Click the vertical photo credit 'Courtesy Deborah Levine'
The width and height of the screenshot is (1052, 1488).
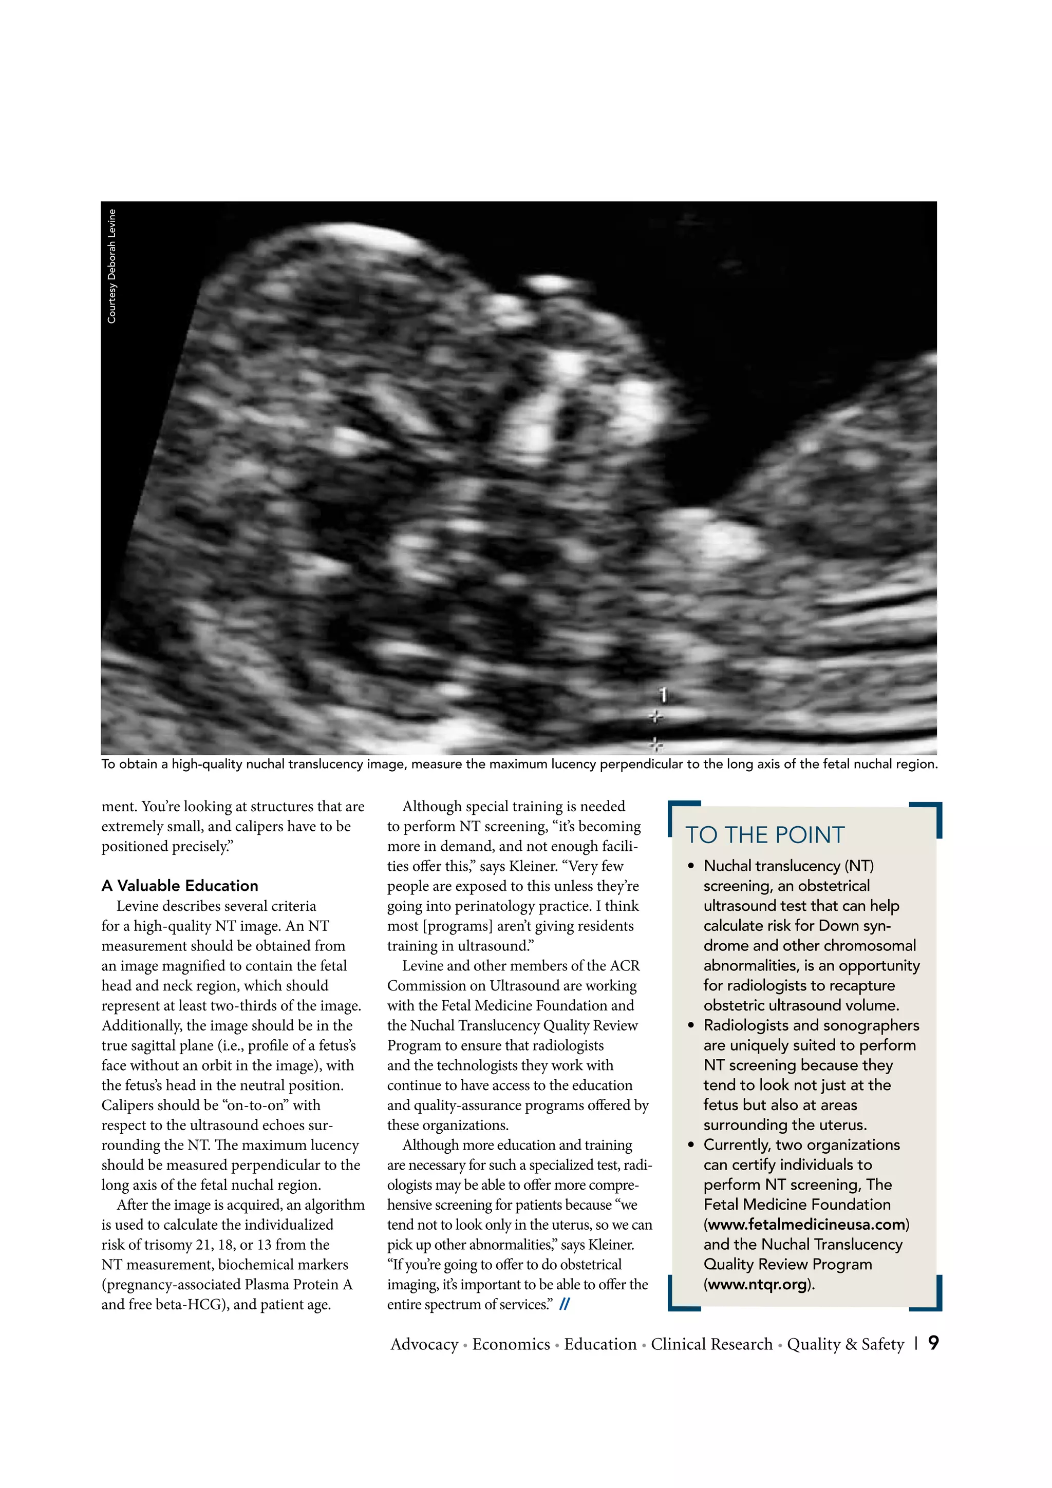[x=111, y=266]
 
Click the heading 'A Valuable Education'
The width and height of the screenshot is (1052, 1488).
[x=180, y=885]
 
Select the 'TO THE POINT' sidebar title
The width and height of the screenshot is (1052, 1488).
[x=765, y=835]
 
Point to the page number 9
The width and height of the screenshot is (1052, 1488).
[x=933, y=1342]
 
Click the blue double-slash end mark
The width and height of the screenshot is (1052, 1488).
[x=564, y=1305]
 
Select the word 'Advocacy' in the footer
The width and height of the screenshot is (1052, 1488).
[x=424, y=1344]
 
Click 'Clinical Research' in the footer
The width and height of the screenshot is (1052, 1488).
[x=712, y=1344]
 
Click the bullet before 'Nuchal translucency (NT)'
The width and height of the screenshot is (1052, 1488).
[x=691, y=867]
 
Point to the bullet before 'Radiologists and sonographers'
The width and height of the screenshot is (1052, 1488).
[x=691, y=1025]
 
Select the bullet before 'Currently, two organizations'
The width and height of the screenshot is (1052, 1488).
[x=691, y=1145]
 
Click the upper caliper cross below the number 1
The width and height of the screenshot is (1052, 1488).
[x=656, y=717]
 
